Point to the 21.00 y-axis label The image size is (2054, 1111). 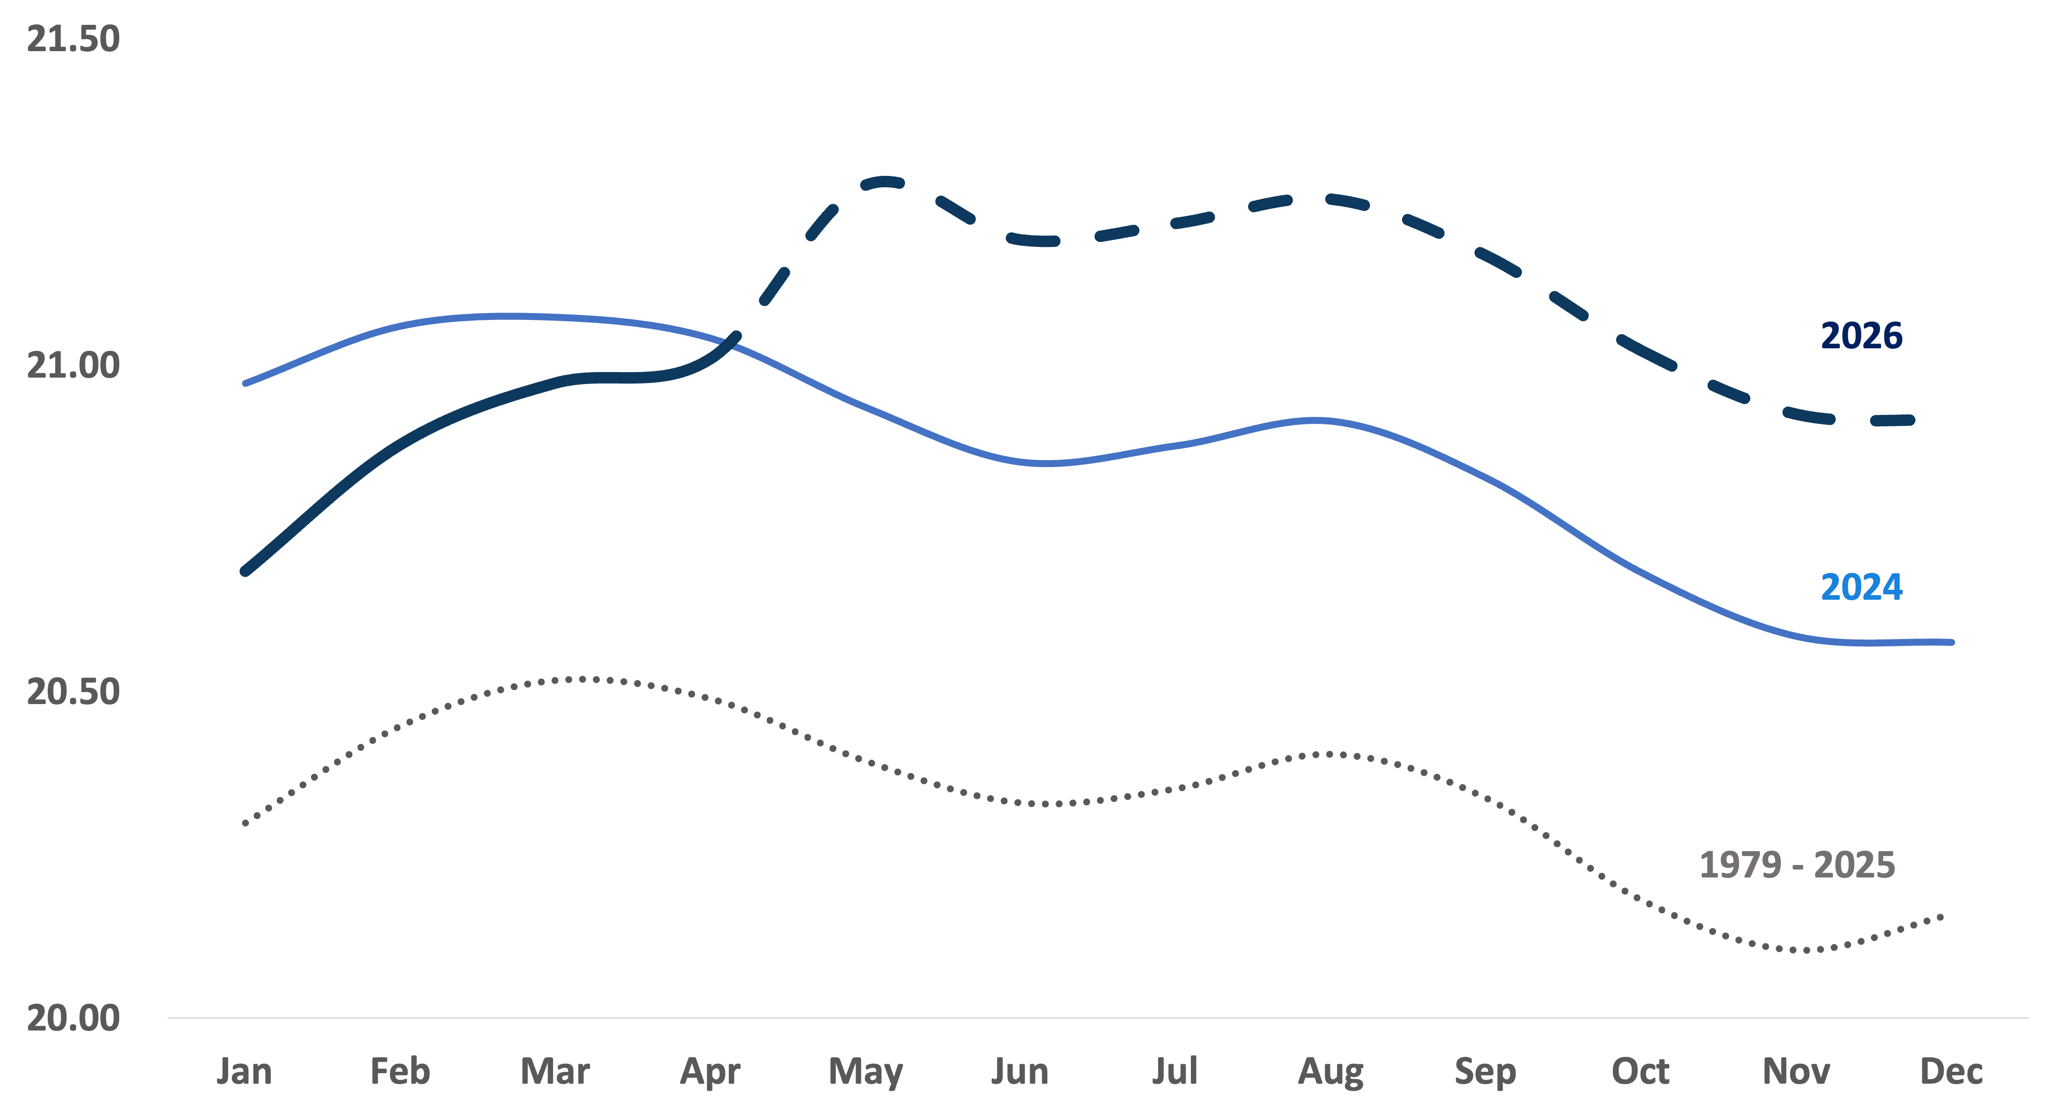pos(74,365)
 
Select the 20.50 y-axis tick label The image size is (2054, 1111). pos(74,692)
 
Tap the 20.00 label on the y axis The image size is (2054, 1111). pos(74,1018)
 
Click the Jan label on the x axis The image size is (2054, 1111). pos(244,1071)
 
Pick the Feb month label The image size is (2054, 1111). pos(399,1071)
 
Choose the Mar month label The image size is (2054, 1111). pos(555,1071)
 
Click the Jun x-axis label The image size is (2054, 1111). pos(1020,1071)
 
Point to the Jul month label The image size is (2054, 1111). pos(1175,1071)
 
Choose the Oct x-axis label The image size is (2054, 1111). pos(1640,1071)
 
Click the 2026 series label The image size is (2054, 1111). pos(1862,336)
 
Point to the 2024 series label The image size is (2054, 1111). pos(1862,587)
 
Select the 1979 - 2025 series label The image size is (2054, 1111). pos(1797,865)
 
